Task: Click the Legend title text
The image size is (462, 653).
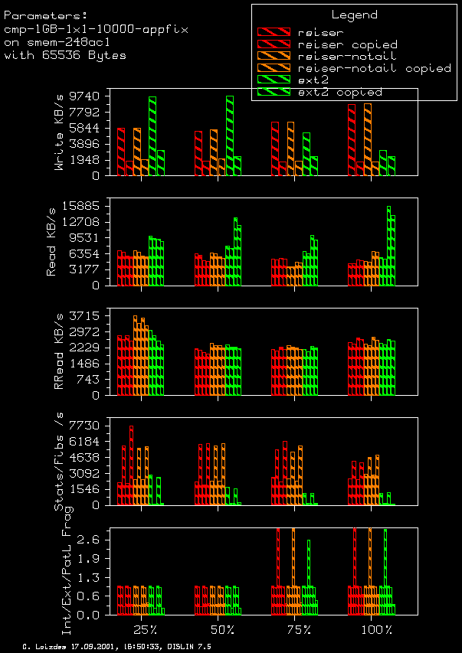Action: click(x=354, y=15)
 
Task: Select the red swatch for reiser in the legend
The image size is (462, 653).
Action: click(x=274, y=33)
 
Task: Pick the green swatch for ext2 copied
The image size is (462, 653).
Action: click(x=274, y=92)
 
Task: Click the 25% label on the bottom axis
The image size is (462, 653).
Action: click(x=146, y=629)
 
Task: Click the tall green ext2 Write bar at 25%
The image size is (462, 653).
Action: click(x=152, y=135)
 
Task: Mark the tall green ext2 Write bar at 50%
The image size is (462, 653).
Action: click(x=230, y=135)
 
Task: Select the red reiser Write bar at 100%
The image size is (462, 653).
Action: click(x=352, y=139)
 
